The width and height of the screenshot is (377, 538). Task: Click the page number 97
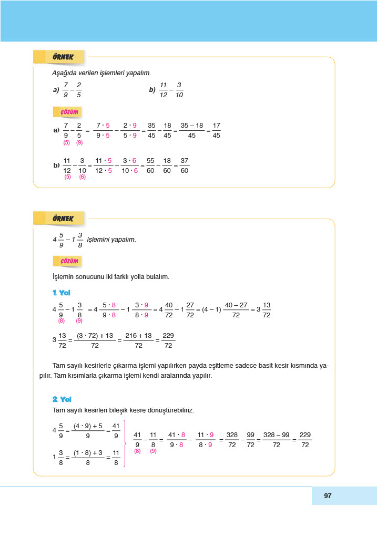coord(328,495)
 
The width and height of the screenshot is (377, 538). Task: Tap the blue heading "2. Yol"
coord(62,399)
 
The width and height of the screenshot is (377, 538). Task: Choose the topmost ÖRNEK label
coord(59,57)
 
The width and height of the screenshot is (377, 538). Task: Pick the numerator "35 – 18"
coord(191,126)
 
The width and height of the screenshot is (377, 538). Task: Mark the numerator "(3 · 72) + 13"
coord(95,335)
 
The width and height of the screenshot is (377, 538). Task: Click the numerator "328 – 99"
coord(276,435)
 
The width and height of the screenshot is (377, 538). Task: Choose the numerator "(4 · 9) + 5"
coord(88,426)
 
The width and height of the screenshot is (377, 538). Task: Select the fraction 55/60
coord(150,165)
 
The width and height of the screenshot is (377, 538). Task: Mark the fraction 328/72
coord(232,440)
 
